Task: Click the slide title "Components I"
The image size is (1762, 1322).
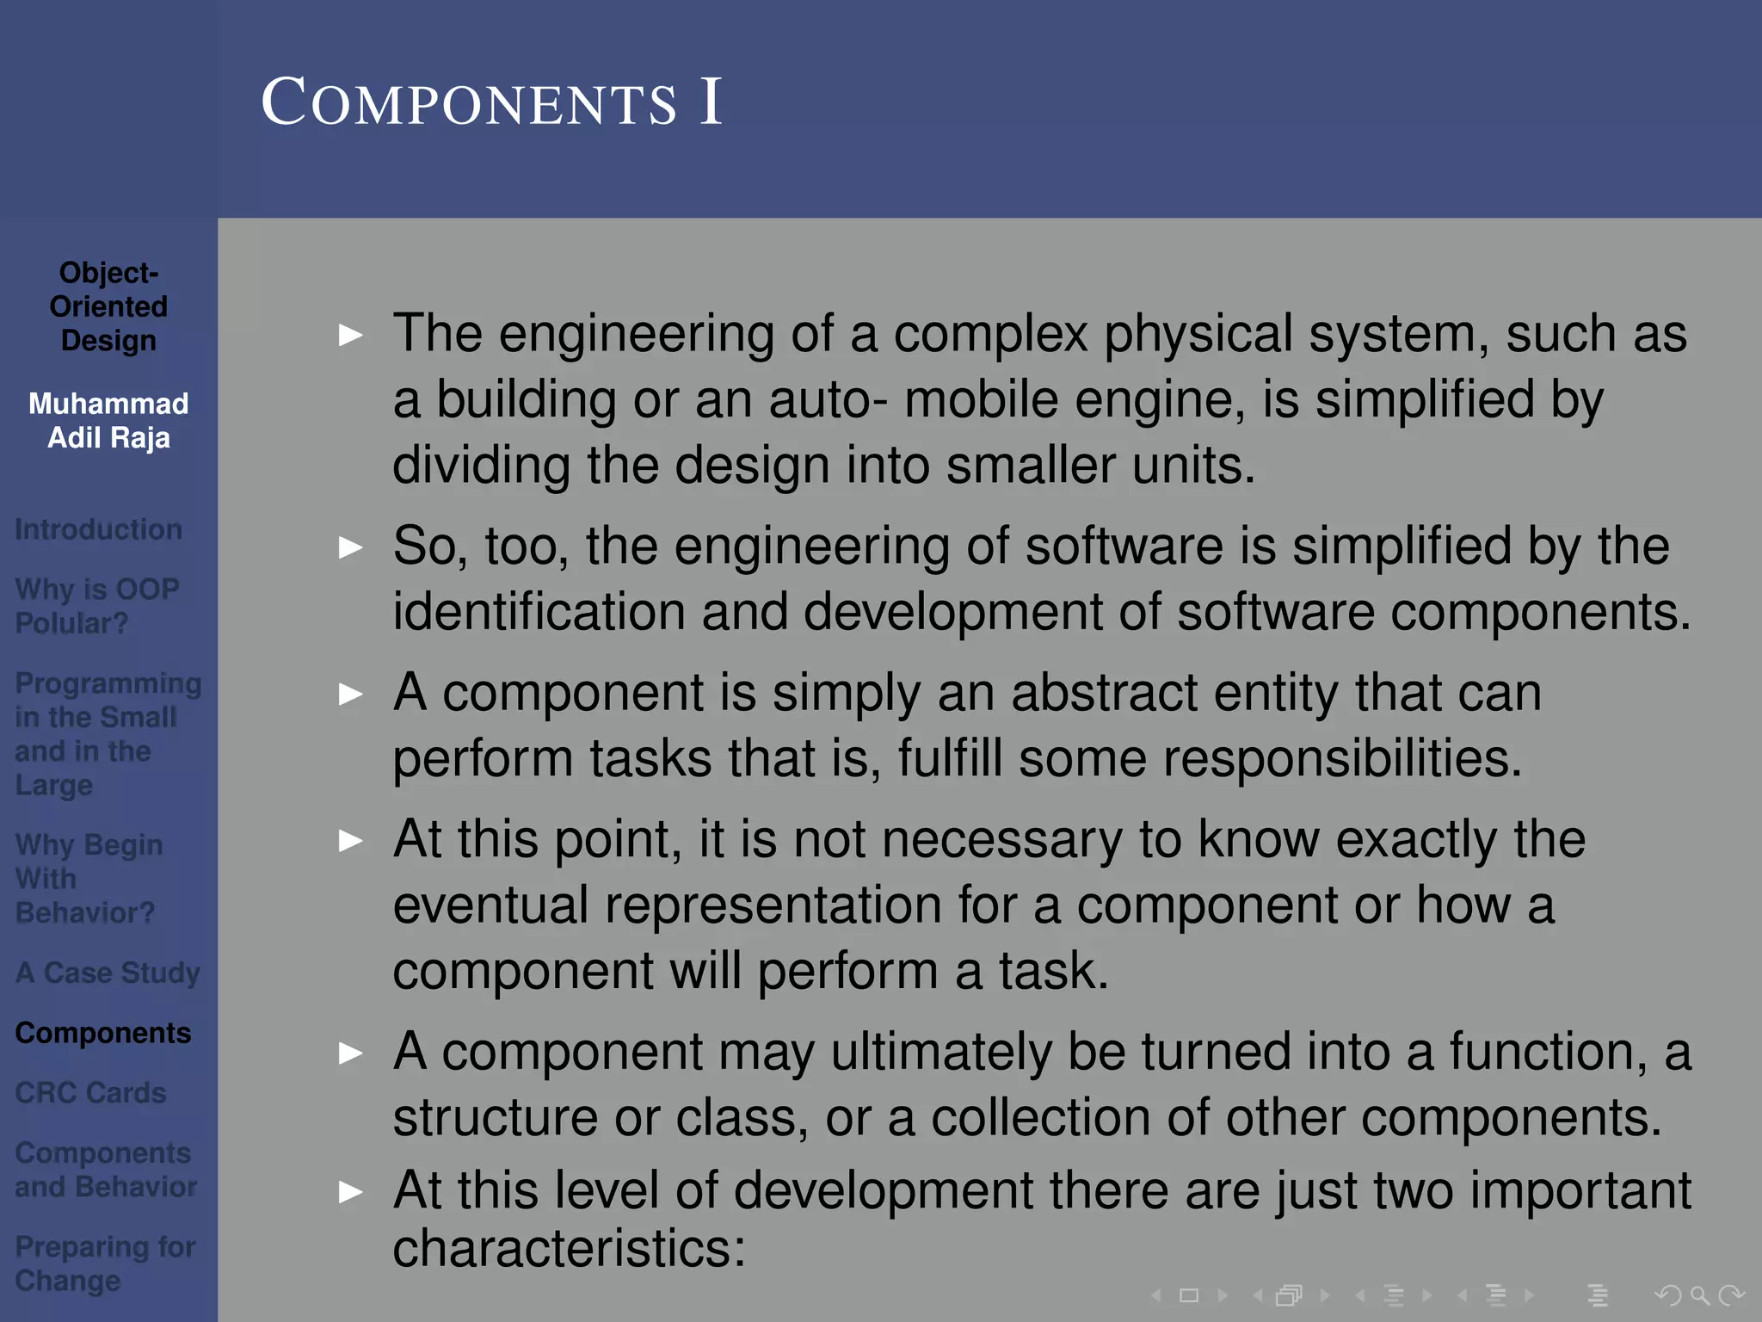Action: (x=491, y=102)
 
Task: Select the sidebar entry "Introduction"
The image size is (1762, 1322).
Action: (x=98, y=529)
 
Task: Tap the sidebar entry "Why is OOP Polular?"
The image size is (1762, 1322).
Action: (x=96, y=606)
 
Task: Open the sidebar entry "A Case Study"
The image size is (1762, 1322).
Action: (x=108, y=973)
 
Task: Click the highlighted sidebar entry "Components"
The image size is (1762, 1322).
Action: (x=103, y=1033)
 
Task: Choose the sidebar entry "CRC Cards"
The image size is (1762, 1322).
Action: (x=90, y=1093)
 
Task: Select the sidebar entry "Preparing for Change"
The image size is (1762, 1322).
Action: (x=105, y=1263)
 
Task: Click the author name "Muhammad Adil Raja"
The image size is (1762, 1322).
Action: (x=108, y=421)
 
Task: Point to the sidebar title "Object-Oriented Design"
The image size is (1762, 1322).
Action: (x=108, y=306)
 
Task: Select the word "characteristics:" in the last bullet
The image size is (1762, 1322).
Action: (x=569, y=1249)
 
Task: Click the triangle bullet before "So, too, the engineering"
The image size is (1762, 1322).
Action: (x=351, y=547)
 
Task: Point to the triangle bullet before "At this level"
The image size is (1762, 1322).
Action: (x=351, y=1192)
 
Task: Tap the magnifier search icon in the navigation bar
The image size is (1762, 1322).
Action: (x=1699, y=1295)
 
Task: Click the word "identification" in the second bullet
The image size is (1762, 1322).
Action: (x=539, y=612)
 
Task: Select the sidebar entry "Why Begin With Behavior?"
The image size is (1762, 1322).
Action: (x=89, y=879)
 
